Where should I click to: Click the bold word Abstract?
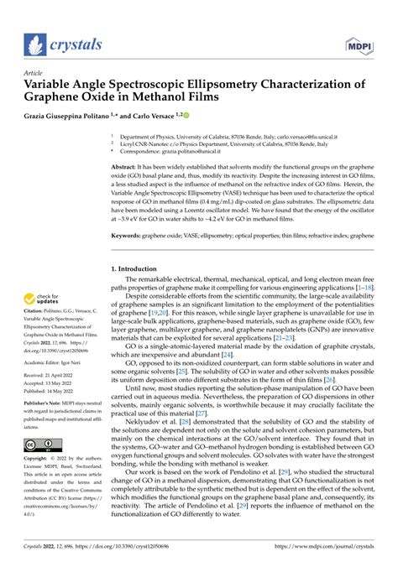[126, 168]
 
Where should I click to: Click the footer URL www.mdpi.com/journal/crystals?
[335, 552]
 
